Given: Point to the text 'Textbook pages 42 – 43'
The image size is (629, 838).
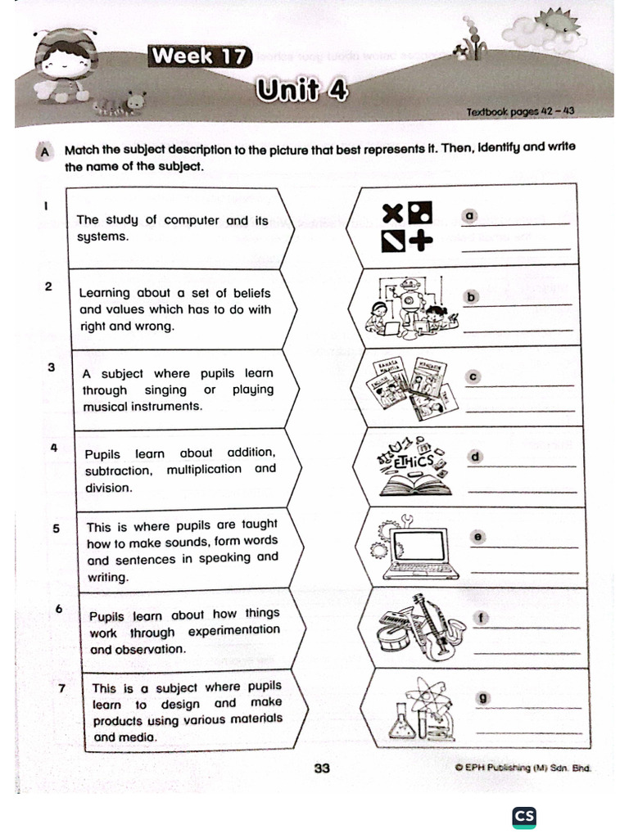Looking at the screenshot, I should (520, 111).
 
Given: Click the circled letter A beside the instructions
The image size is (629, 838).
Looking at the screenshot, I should (44, 151).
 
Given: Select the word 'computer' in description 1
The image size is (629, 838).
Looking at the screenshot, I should (192, 220).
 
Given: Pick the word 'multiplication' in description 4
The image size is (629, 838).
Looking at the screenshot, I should (204, 470).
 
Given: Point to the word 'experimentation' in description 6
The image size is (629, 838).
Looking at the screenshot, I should (233, 631).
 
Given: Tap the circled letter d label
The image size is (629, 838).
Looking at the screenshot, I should (474, 456).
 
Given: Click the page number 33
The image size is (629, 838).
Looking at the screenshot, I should (322, 768).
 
